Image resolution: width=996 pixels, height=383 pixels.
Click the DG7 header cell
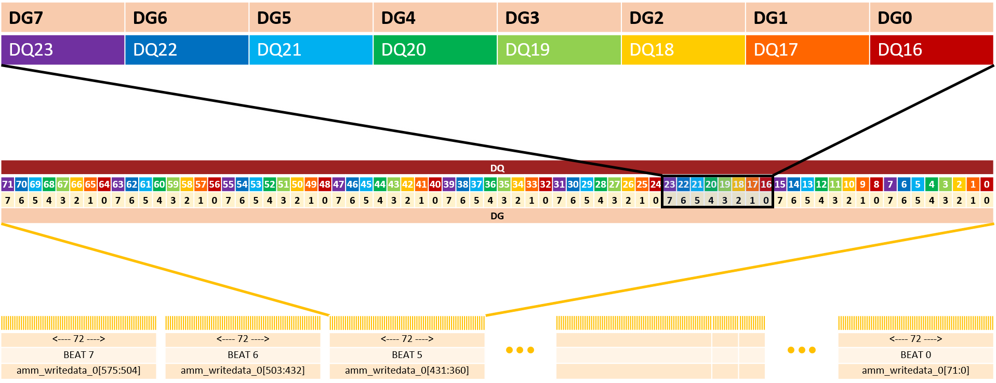pos(62,18)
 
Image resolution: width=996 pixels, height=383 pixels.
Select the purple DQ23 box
pos(62,50)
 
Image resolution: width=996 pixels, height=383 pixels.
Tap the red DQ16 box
pos(931,50)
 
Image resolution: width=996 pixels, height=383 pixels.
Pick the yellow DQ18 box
pos(683,50)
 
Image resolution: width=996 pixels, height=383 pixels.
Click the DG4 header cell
pos(435,18)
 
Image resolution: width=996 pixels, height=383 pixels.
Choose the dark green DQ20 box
pos(435,50)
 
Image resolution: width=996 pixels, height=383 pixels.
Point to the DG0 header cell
pos(931,18)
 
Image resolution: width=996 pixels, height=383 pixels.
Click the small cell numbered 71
pos(7,184)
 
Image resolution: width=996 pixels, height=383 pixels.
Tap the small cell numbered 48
pos(325,184)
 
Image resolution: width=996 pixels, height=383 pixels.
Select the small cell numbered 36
pos(490,184)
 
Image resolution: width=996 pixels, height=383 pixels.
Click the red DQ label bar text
pos(497,168)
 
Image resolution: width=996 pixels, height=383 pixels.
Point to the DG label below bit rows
pos(497,216)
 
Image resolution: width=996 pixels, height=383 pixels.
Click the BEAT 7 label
pos(78,355)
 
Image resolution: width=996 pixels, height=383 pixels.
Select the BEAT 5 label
pos(407,355)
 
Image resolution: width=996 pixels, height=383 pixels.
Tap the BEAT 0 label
pos(915,355)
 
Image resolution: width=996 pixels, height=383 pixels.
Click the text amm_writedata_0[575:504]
pos(78,371)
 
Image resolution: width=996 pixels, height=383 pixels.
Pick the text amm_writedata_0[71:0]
pos(915,371)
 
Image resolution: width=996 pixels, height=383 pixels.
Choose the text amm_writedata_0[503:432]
pos(243,371)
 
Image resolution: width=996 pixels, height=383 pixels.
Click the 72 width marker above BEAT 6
pos(243,339)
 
